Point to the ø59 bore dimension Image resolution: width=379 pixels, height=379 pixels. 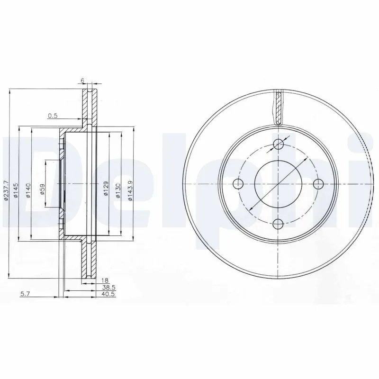pyautogui.click(x=42, y=190)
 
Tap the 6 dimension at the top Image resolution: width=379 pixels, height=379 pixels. pyautogui.click(x=83, y=81)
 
